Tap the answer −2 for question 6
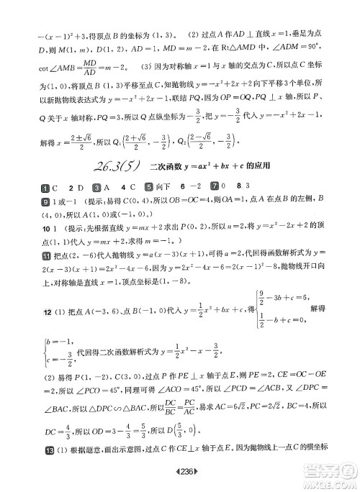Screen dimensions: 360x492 (x=213, y=186)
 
